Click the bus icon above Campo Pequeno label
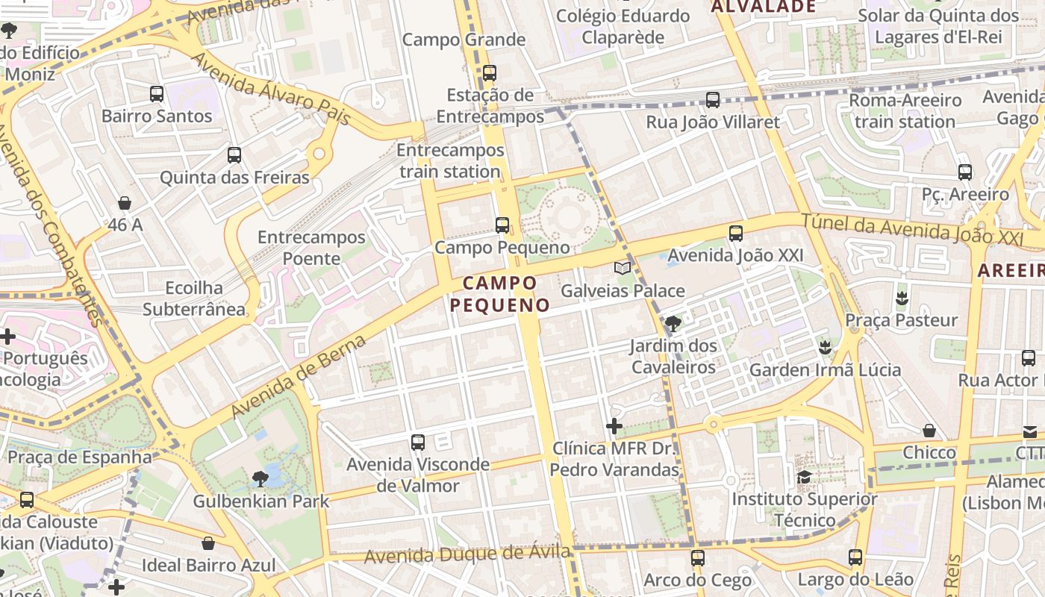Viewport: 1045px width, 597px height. coord(502,225)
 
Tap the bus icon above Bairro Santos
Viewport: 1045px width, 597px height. coord(157,94)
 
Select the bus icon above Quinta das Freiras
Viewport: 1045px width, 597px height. coord(234,155)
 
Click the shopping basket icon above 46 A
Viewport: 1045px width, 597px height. coord(125,203)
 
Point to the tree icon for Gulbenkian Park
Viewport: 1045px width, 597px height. coord(261,478)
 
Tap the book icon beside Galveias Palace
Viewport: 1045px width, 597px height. coord(622,268)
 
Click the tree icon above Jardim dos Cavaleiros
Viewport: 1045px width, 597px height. coord(673,323)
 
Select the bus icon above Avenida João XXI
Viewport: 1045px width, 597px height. coord(736,234)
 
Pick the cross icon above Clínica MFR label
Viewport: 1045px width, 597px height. coord(614,426)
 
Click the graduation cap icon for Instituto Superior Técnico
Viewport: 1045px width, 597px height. coord(804,477)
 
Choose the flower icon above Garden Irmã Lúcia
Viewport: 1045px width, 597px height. coord(825,348)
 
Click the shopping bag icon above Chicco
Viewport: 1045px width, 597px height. coord(929,431)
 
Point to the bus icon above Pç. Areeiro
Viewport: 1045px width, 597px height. coord(965,172)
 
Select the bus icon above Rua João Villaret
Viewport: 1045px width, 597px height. coord(713,100)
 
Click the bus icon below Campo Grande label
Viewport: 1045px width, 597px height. coord(490,73)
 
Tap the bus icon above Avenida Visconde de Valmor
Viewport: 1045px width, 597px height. coord(418,443)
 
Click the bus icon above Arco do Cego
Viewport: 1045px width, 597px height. coord(698,557)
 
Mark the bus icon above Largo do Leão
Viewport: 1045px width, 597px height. coord(855,557)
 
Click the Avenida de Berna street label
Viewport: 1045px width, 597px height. coord(299,376)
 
